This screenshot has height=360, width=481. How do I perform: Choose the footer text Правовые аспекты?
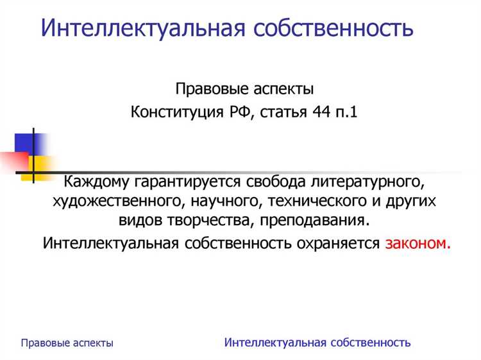point(67,343)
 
